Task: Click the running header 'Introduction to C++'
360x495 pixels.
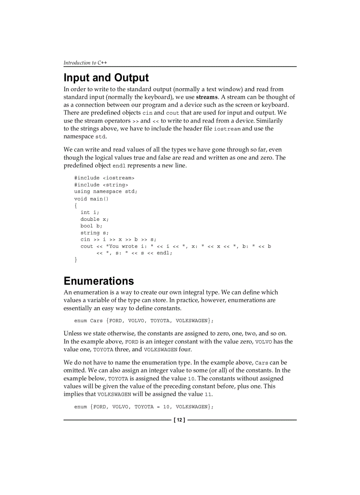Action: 85,63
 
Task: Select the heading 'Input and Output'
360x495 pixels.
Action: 106,78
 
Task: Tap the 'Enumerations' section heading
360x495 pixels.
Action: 98,281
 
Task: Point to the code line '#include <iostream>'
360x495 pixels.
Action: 104,178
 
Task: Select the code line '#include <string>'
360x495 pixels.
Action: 101,185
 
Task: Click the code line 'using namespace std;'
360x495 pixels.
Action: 105,192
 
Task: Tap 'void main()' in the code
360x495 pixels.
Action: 91,199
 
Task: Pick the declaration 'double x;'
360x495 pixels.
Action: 94,219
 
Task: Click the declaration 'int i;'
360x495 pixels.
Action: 90,212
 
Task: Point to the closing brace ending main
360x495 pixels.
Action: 76,260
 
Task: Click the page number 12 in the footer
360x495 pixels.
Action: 180,420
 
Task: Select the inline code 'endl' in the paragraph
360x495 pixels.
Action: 119,166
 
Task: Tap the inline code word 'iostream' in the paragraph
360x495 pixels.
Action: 227,129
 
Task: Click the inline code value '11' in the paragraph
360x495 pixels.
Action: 208,395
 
